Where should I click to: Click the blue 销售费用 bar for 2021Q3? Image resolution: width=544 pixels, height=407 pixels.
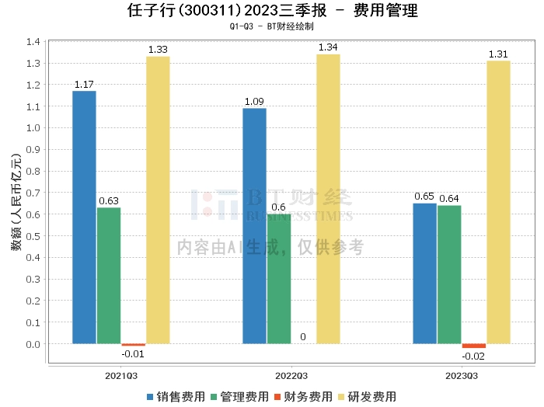click(84, 217)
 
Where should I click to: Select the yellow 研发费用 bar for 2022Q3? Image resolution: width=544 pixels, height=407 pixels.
click(328, 199)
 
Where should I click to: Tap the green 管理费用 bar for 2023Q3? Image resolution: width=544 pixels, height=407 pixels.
click(449, 274)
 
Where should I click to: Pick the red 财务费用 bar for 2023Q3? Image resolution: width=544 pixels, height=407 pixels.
click(473, 346)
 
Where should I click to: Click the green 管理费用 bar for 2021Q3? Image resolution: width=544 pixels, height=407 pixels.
click(109, 275)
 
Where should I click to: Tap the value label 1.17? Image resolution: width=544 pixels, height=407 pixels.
click(84, 84)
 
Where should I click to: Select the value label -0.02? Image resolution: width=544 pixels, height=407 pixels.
click(473, 356)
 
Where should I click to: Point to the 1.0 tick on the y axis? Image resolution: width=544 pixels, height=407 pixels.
click(32, 128)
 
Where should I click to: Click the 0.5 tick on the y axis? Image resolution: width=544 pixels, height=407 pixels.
click(32, 236)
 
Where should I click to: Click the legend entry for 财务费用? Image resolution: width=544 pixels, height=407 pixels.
click(302, 396)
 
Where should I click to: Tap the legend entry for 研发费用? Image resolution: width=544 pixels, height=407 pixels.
click(366, 396)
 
